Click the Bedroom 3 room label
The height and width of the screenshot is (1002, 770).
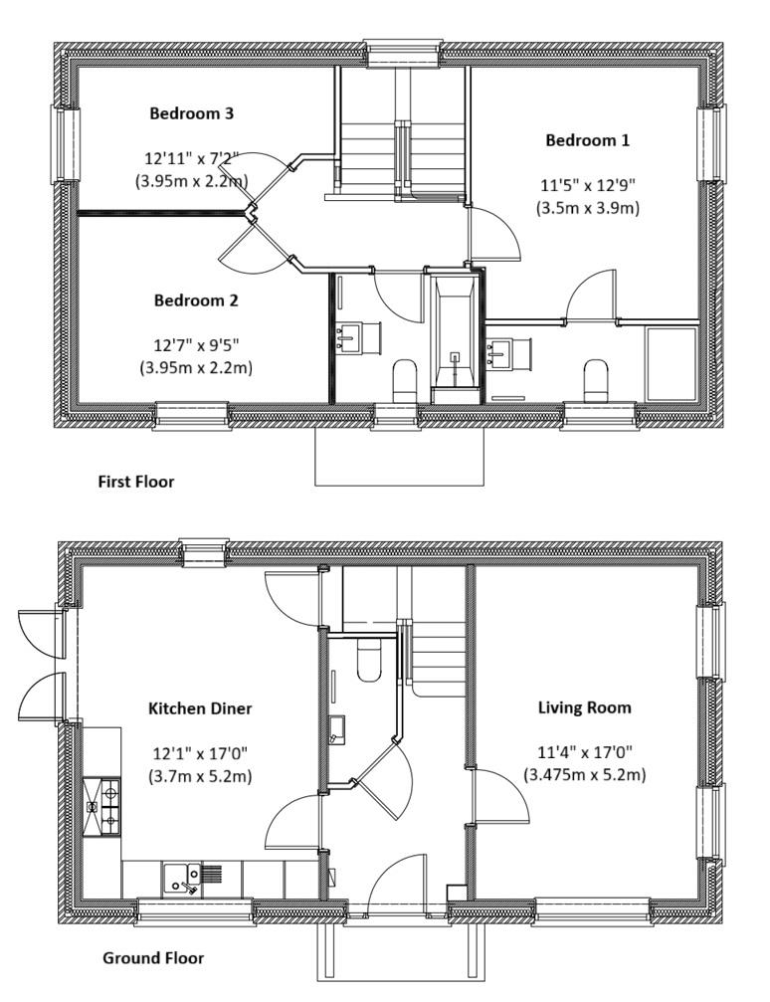click(x=191, y=113)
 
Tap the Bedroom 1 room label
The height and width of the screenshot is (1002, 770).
click(x=587, y=140)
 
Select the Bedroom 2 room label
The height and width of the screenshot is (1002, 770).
click(x=196, y=300)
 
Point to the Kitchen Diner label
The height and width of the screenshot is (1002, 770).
click(x=200, y=709)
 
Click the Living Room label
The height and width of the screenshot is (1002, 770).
click(x=584, y=708)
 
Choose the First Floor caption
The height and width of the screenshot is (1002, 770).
click(x=135, y=482)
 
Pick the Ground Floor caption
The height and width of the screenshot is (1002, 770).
click(x=153, y=958)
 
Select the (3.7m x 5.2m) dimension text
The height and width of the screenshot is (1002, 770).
click(x=200, y=775)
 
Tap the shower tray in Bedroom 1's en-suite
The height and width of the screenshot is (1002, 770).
click(x=672, y=362)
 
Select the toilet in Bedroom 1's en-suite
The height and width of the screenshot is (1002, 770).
click(x=596, y=378)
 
